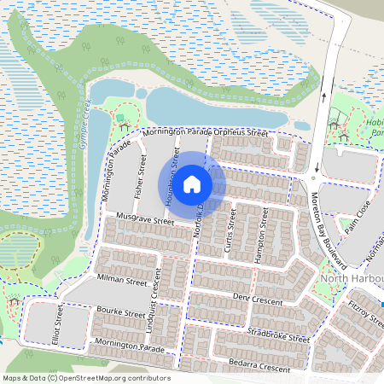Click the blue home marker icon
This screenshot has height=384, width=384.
[192, 184]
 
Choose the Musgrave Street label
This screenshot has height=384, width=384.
[145, 220]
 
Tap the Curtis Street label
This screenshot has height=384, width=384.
[230, 225]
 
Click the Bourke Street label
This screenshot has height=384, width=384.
[121, 314]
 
